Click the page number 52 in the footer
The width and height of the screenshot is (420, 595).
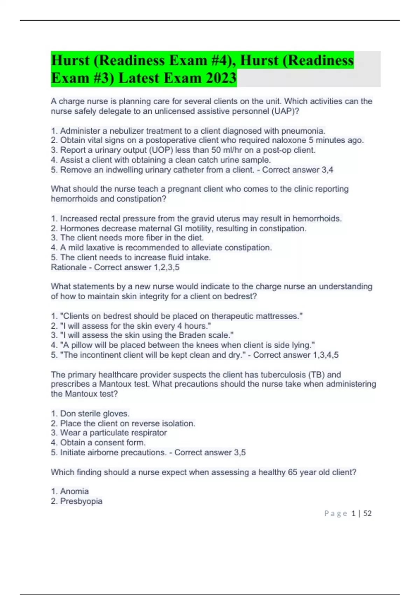click(367, 513)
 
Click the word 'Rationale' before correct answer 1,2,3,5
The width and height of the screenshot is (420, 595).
click(69, 267)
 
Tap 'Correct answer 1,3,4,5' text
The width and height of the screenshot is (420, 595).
click(296, 355)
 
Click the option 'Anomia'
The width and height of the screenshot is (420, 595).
click(74, 491)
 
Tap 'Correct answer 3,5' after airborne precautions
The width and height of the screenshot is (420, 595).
click(210, 452)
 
